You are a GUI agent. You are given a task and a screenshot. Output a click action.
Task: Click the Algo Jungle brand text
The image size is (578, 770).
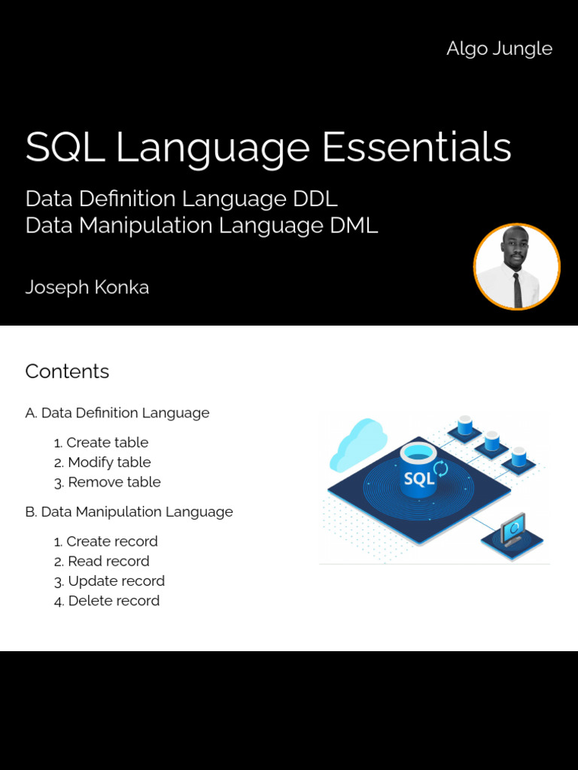[499, 49]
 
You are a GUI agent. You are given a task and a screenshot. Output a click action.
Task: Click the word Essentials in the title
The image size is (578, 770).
[417, 147]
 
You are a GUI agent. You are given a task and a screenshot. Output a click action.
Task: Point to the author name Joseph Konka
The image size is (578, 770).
[87, 287]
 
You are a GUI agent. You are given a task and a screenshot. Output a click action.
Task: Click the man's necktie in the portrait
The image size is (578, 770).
[518, 289]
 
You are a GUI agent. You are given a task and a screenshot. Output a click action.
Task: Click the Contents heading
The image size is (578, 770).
[67, 371]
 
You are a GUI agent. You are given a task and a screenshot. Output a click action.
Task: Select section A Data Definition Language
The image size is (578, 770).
[117, 413]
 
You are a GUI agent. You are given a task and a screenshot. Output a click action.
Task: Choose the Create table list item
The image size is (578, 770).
[101, 442]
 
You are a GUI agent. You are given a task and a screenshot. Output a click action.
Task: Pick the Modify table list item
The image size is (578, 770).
[102, 462]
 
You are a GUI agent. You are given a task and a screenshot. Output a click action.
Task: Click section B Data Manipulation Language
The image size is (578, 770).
[129, 512]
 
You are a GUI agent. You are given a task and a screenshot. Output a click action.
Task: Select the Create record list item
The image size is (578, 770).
[105, 541]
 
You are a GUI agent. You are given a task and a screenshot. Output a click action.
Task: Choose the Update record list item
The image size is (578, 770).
[109, 581]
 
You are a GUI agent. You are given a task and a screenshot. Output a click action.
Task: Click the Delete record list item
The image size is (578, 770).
[107, 601]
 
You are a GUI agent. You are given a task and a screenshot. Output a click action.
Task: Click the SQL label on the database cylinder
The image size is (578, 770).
[418, 479]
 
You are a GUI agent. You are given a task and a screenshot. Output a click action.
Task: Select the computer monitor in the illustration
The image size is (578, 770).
[513, 529]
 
